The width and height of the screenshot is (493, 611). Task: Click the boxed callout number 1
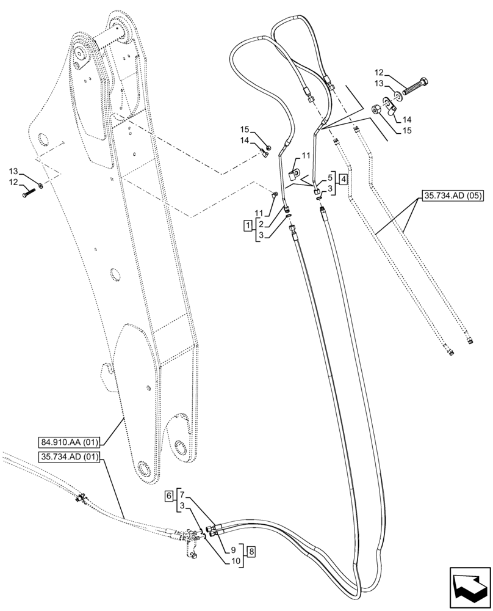pos(247,225)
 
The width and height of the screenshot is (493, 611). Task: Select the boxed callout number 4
pos(344,179)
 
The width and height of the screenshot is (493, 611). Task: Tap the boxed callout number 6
pos(168,497)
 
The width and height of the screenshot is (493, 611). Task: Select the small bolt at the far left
pos(29,191)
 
